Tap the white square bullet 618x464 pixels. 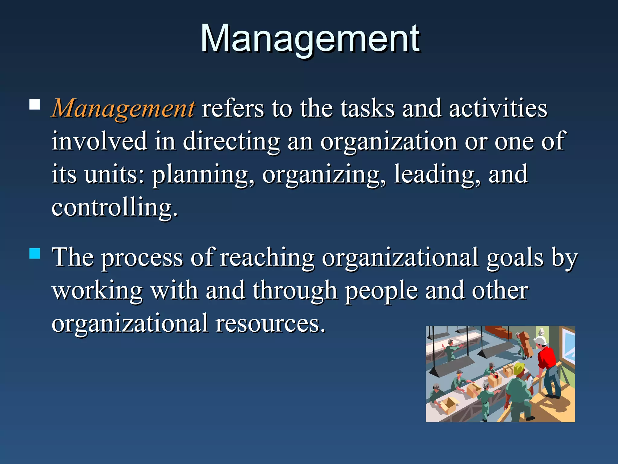pyautogui.click(x=35, y=105)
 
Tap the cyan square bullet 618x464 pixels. pyautogui.click(x=35, y=253)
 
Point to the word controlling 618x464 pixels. pyautogui.click(x=114, y=208)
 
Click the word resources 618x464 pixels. pyautogui.click(x=270, y=323)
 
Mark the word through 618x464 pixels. pyautogui.click(x=295, y=291)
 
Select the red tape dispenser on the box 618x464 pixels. pyautogui.click(x=496, y=376)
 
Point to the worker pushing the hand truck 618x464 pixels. pyautogui.click(x=521, y=344)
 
